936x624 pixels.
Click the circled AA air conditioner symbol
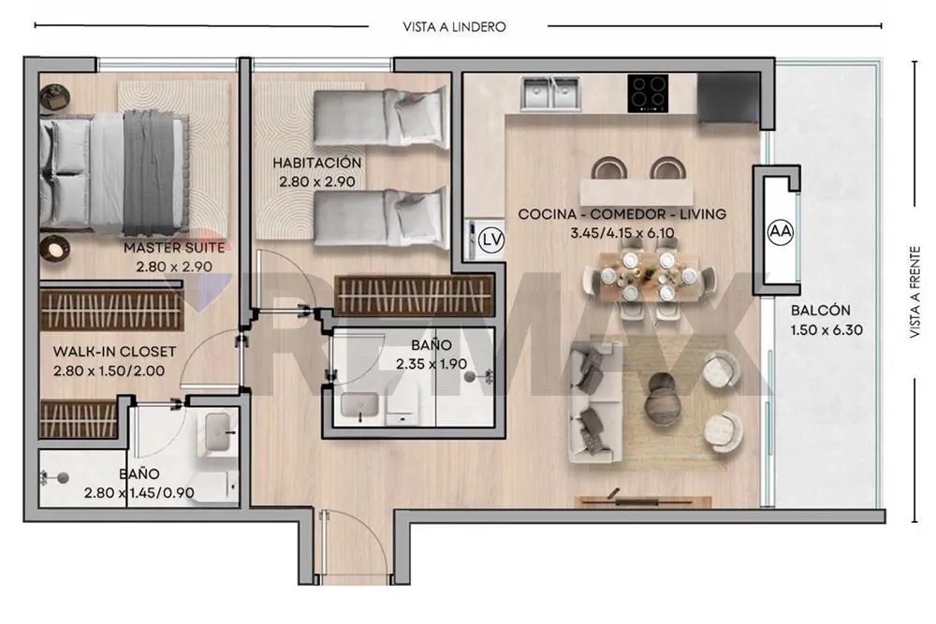click(x=781, y=231)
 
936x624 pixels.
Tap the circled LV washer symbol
click(x=492, y=240)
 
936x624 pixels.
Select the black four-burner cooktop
click(x=648, y=93)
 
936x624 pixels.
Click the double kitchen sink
click(x=550, y=93)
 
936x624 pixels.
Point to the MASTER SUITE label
click(x=174, y=248)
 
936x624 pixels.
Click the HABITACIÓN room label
click(x=317, y=163)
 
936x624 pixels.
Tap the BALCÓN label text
click(x=820, y=311)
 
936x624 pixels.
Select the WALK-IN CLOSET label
click(x=114, y=352)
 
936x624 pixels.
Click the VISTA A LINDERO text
click(x=454, y=27)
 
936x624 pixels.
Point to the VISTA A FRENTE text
click(x=915, y=292)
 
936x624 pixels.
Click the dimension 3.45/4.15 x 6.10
click(x=622, y=233)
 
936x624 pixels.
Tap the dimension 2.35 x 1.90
click(x=431, y=364)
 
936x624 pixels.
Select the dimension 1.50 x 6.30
click(x=826, y=330)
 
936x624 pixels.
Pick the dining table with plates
click(x=649, y=276)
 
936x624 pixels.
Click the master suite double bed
click(x=113, y=174)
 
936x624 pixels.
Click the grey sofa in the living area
click(x=595, y=402)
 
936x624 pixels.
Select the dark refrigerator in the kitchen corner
click(x=728, y=98)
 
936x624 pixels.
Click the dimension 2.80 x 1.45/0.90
click(x=139, y=493)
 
